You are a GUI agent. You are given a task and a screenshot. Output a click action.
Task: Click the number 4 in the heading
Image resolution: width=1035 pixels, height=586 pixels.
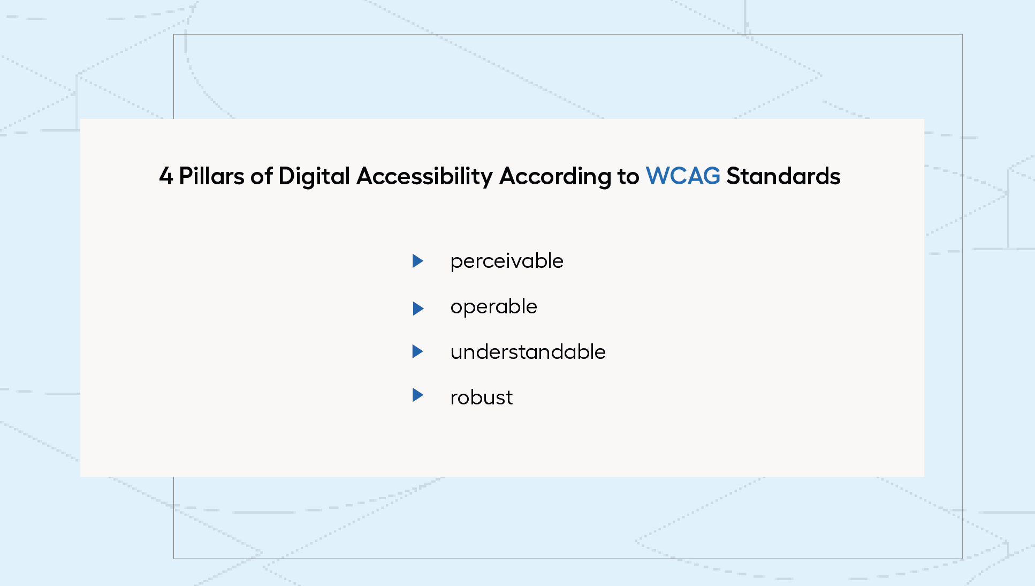(166, 176)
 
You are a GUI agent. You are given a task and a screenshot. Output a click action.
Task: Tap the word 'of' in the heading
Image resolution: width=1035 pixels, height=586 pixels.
(261, 176)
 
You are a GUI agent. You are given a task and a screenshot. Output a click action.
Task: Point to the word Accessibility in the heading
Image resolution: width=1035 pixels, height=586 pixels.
(424, 177)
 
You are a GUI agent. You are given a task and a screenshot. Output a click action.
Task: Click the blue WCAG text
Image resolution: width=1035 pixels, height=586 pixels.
(683, 176)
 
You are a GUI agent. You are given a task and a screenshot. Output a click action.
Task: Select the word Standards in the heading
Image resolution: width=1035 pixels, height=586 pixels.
(783, 176)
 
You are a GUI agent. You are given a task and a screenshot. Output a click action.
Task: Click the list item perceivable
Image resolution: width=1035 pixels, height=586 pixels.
(507, 261)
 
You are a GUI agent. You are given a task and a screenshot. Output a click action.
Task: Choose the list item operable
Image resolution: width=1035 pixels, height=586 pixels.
(493, 307)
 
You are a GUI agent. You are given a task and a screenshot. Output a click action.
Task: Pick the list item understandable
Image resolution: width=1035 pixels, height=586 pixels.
(528, 352)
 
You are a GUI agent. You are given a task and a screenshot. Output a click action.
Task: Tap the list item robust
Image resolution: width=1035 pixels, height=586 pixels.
(482, 397)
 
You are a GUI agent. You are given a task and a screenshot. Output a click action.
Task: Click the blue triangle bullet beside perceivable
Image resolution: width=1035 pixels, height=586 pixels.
(417, 261)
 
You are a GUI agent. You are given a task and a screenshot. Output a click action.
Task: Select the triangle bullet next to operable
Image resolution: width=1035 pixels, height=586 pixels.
(417, 309)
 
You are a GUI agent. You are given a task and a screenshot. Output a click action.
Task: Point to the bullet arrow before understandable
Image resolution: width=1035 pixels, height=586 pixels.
(417, 351)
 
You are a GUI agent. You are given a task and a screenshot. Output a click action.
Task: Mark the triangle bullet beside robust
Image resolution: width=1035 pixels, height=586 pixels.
(417, 395)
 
